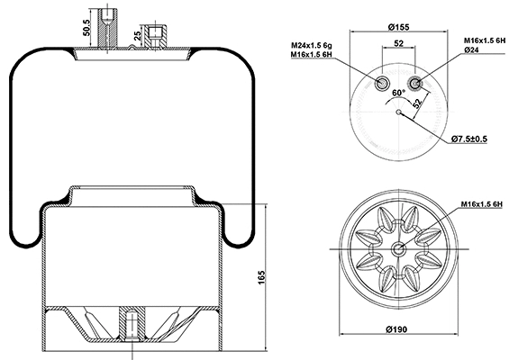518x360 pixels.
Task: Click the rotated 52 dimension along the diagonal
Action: pos(418,102)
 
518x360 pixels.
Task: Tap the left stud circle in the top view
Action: pos(382,85)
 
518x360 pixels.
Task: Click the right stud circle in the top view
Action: pos(414,85)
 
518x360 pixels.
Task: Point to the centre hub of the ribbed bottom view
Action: pos(397,250)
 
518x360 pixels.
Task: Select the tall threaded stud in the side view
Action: pos(106,27)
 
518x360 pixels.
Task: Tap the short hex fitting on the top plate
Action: pos(157,35)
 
